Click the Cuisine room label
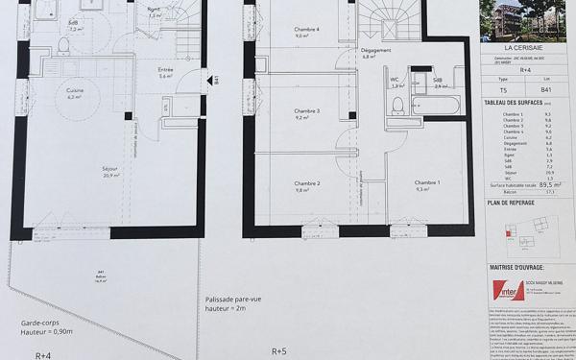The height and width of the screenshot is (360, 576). [x=75, y=91]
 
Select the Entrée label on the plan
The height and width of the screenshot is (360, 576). [x=165, y=70]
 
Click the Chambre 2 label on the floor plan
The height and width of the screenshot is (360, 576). [x=307, y=184]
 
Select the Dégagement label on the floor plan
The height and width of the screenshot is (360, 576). [x=373, y=54]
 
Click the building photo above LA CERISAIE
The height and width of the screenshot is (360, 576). [x=526, y=20]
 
